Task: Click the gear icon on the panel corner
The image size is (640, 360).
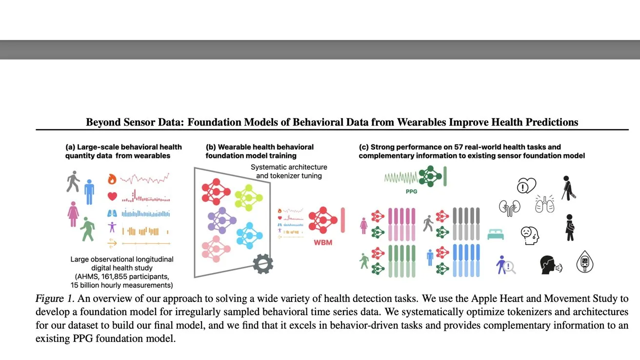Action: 263,264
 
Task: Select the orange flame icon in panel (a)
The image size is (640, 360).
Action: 112,179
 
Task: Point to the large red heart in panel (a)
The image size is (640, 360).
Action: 112,197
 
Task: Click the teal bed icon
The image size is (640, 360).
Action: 495,235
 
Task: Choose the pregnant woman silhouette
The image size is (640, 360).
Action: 569,227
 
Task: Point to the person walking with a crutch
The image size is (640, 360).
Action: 568,187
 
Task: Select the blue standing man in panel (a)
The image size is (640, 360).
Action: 89,192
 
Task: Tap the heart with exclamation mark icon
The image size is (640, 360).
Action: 526,186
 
